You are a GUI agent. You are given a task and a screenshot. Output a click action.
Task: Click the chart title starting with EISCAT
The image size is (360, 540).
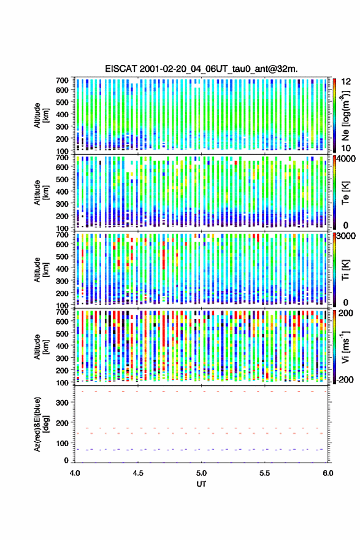(x=201, y=69)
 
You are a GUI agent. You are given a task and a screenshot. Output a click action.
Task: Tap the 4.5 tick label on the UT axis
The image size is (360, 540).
(x=138, y=473)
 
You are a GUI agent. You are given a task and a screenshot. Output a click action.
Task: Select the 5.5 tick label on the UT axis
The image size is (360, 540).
(x=265, y=473)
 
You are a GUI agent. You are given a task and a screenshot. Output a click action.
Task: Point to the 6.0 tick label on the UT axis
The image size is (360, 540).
(x=328, y=473)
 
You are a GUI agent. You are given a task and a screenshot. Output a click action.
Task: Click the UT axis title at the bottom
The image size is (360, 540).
(x=201, y=484)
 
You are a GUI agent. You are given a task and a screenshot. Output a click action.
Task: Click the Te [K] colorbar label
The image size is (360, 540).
(x=345, y=193)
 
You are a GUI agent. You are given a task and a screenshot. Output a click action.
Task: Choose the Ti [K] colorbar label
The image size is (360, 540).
(x=345, y=270)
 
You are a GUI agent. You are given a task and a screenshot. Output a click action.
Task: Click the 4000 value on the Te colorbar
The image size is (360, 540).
(x=346, y=160)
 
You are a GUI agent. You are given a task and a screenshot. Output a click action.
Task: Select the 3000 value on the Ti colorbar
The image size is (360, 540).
(x=346, y=236)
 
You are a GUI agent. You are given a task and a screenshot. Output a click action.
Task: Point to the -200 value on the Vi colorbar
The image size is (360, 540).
(x=345, y=379)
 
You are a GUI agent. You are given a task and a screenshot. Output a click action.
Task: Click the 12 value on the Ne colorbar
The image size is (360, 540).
(x=345, y=82)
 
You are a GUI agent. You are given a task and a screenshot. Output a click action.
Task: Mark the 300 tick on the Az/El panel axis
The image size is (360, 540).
(x=62, y=403)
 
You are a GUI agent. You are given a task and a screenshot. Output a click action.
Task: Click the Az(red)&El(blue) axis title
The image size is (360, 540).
(x=40, y=424)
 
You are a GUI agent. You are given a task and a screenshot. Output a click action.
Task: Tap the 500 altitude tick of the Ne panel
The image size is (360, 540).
(x=62, y=102)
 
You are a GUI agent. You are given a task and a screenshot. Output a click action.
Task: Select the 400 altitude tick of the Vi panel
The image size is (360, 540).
(x=62, y=345)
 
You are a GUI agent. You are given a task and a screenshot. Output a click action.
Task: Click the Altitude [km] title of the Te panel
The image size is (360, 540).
(x=40, y=192)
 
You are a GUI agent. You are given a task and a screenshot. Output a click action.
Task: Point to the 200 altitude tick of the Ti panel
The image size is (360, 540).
(x=62, y=293)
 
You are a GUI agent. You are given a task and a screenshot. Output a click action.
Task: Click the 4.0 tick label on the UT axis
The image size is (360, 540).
(x=75, y=473)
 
